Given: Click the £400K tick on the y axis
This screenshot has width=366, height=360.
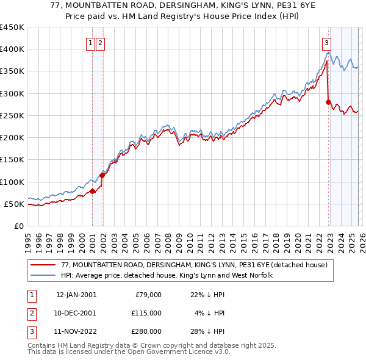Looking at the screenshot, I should pos(12,49).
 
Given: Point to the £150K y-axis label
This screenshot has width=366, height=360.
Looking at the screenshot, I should pos(12,160).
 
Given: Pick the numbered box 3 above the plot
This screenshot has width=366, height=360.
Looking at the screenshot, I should pos(327,43).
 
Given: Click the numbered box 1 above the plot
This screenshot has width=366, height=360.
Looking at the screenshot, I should pos(90,43).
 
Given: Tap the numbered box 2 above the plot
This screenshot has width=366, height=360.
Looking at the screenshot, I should pos(100,43).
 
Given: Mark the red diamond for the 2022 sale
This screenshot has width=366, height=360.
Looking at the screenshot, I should pos(328,103).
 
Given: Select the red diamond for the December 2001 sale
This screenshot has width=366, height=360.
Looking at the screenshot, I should pos(102,175).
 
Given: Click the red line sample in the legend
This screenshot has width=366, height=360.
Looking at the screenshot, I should pos(43,265).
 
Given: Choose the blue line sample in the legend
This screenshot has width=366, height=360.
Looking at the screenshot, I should pos(43,276).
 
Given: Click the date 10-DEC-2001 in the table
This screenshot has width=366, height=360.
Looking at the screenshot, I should pos(76,313).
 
